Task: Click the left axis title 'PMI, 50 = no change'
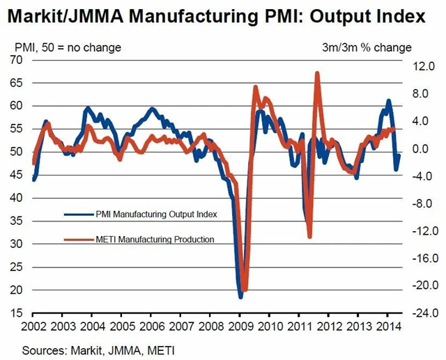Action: (x=68, y=47)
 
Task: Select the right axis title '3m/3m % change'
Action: (x=376, y=47)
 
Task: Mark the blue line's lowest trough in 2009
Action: (x=240, y=297)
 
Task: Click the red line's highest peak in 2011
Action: (x=317, y=72)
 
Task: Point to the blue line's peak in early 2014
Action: (x=389, y=101)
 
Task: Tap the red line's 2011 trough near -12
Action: (x=309, y=237)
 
